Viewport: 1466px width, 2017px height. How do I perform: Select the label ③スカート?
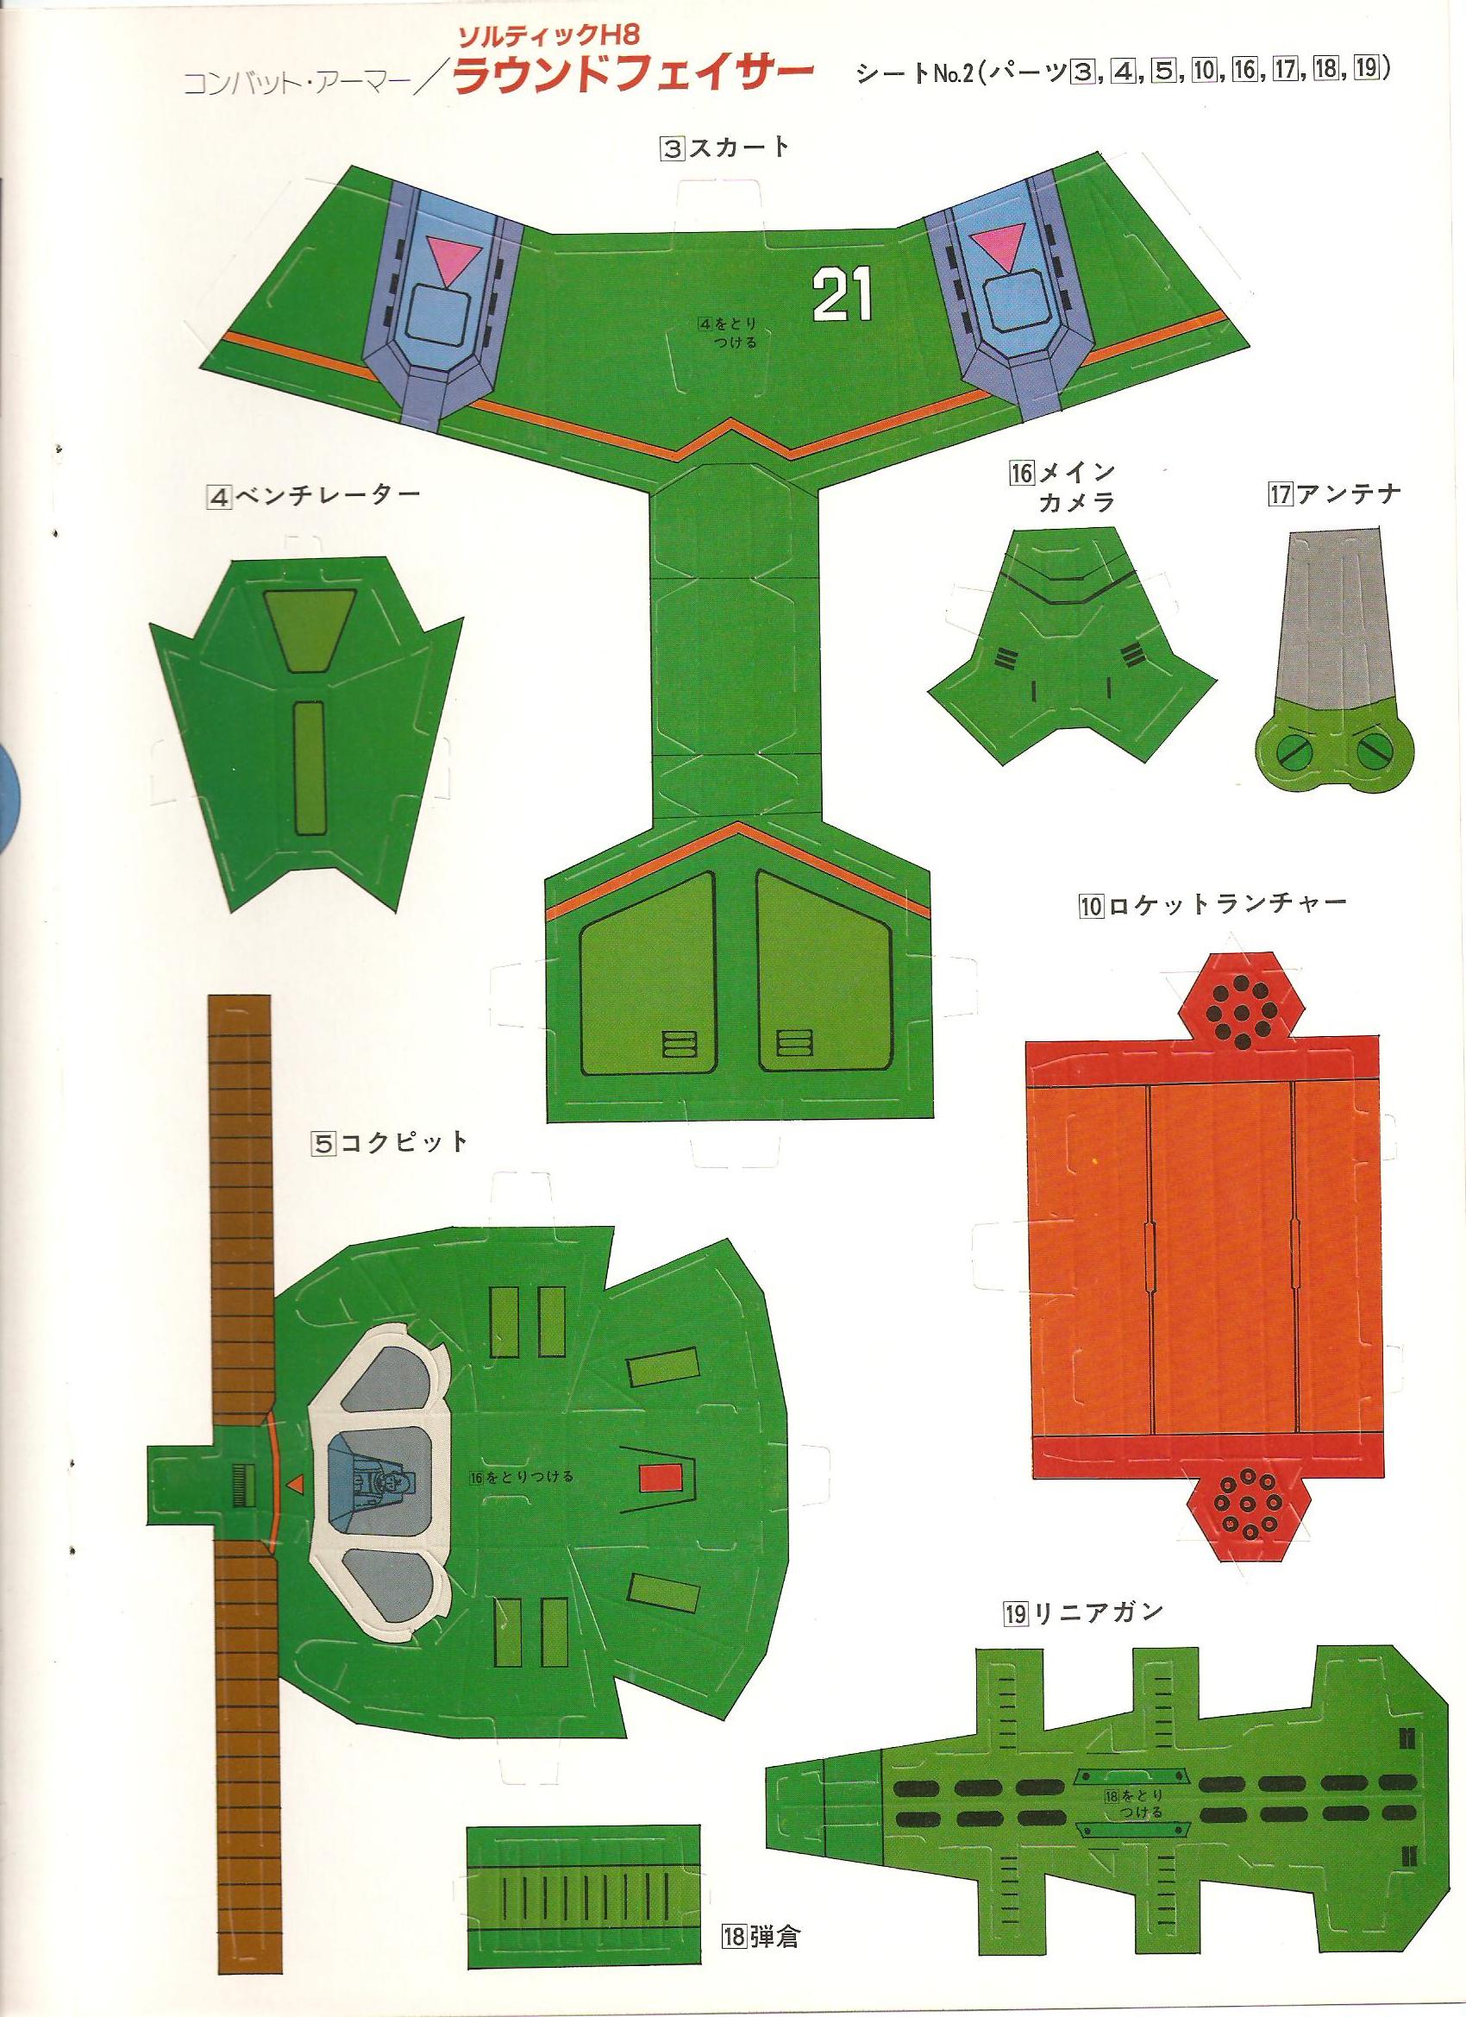pyautogui.click(x=724, y=148)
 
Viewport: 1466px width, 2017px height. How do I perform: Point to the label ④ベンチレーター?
pyautogui.click(x=311, y=496)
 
